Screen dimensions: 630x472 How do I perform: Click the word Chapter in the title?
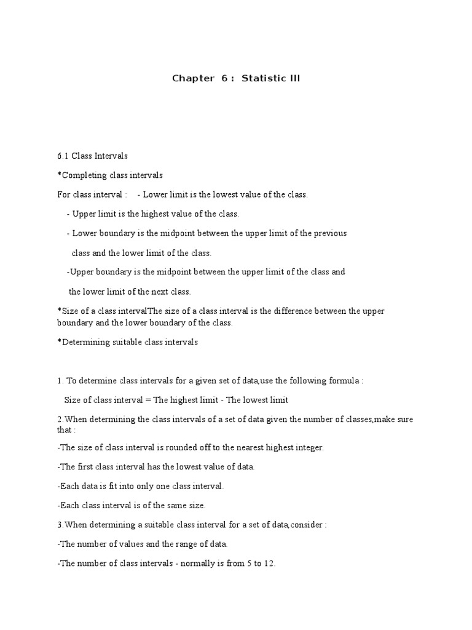(190, 78)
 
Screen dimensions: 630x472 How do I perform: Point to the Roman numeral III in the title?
(294, 78)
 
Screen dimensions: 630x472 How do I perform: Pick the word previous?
(331, 233)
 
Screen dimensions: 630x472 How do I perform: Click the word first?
(84, 467)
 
